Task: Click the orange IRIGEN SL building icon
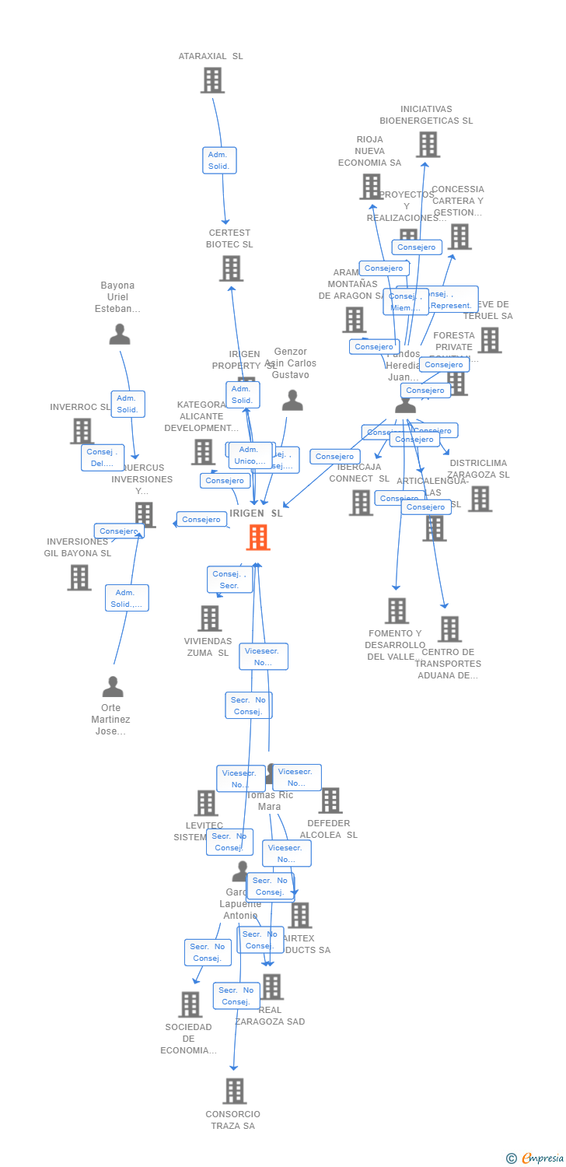point(257,537)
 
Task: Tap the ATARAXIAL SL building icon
point(212,79)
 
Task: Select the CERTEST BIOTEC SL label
point(229,238)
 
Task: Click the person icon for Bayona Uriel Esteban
point(120,335)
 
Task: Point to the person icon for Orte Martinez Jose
point(113,687)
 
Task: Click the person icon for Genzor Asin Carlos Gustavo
point(292,400)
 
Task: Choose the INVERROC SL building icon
point(82,430)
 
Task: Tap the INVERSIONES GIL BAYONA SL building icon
point(79,577)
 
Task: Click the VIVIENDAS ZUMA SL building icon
point(209,619)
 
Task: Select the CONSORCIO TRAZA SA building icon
point(235,1091)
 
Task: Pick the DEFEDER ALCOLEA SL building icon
point(330,800)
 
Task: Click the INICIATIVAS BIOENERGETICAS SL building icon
point(428,144)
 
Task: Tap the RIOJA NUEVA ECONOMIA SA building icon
point(371,186)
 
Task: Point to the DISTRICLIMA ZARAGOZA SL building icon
point(480,499)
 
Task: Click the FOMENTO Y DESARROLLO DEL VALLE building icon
point(397,611)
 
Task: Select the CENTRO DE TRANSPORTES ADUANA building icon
point(449,629)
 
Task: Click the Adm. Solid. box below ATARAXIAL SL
point(219,160)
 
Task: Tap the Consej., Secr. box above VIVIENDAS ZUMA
point(229,580)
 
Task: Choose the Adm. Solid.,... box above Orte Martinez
point(127,598)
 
